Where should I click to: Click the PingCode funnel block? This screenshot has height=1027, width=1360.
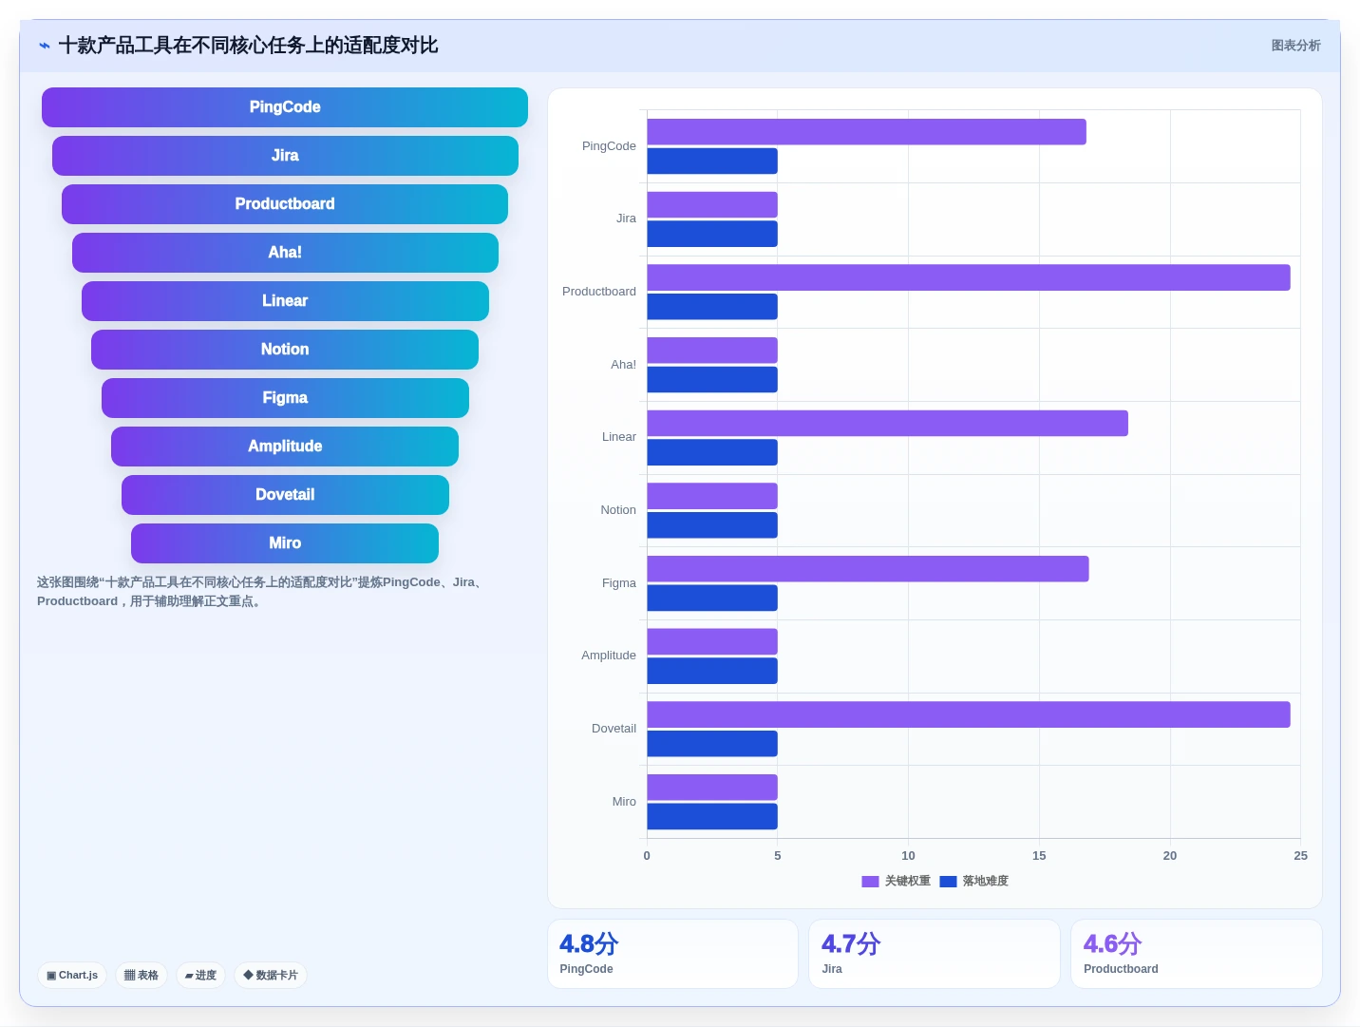(284, 107)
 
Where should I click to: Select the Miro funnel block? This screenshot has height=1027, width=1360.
(284, 542)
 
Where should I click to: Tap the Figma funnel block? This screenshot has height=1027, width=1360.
(285, 398)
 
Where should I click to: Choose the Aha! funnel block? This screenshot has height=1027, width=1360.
(285, 253)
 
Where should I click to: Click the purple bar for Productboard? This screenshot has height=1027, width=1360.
(969, 277)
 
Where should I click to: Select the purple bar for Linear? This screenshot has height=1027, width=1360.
(887, 424)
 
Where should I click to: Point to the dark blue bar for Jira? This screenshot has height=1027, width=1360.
(712, 234)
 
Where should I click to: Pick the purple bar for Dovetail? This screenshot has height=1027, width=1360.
(969, 714)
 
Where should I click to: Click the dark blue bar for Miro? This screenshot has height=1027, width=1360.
(712, 816)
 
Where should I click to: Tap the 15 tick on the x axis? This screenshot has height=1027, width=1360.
(1039, 855)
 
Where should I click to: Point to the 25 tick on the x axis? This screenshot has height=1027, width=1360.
(1300, 855)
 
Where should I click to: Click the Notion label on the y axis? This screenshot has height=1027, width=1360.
(617, 509)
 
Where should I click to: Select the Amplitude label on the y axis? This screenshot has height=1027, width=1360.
(609, 656)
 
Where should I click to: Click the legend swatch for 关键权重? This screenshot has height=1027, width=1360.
(870, 882)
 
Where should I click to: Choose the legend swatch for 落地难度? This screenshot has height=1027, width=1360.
(948, 882)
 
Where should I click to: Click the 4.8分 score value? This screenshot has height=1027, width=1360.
(589, 944)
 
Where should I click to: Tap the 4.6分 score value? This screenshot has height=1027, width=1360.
(1112, 944)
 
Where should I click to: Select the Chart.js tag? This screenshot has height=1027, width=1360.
(72, 975)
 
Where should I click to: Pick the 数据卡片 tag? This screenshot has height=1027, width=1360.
(270, 975)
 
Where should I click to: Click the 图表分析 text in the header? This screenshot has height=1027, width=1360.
(1295, 46)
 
